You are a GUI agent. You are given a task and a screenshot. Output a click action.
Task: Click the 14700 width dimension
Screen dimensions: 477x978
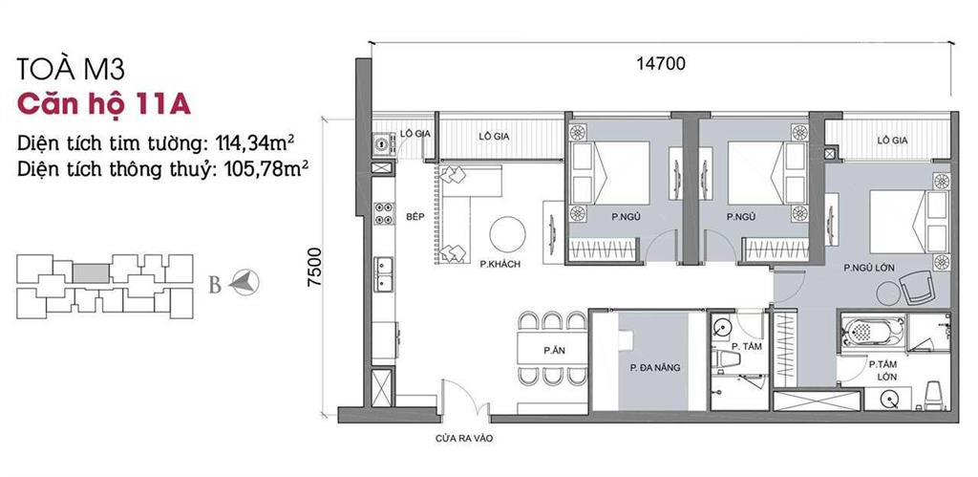pos(660,65)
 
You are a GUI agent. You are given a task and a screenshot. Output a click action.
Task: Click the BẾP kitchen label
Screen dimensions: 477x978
pos(414,217)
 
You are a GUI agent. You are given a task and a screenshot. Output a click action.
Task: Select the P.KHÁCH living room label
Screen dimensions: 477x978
pos(500,264)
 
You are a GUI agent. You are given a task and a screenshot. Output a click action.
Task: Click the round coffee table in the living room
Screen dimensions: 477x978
pos(506,234)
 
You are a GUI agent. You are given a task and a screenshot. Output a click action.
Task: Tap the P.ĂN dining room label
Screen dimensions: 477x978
pos(551,350)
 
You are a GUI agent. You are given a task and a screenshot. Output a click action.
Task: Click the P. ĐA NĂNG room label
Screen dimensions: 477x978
pos(653,366)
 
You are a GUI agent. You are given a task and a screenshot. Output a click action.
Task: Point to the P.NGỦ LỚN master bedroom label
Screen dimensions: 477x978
pos(868,269)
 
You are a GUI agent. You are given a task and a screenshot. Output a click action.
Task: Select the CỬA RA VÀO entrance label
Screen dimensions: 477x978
pos(462,441)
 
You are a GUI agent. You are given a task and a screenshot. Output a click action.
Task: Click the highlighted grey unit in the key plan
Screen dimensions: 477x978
pos(93,271)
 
